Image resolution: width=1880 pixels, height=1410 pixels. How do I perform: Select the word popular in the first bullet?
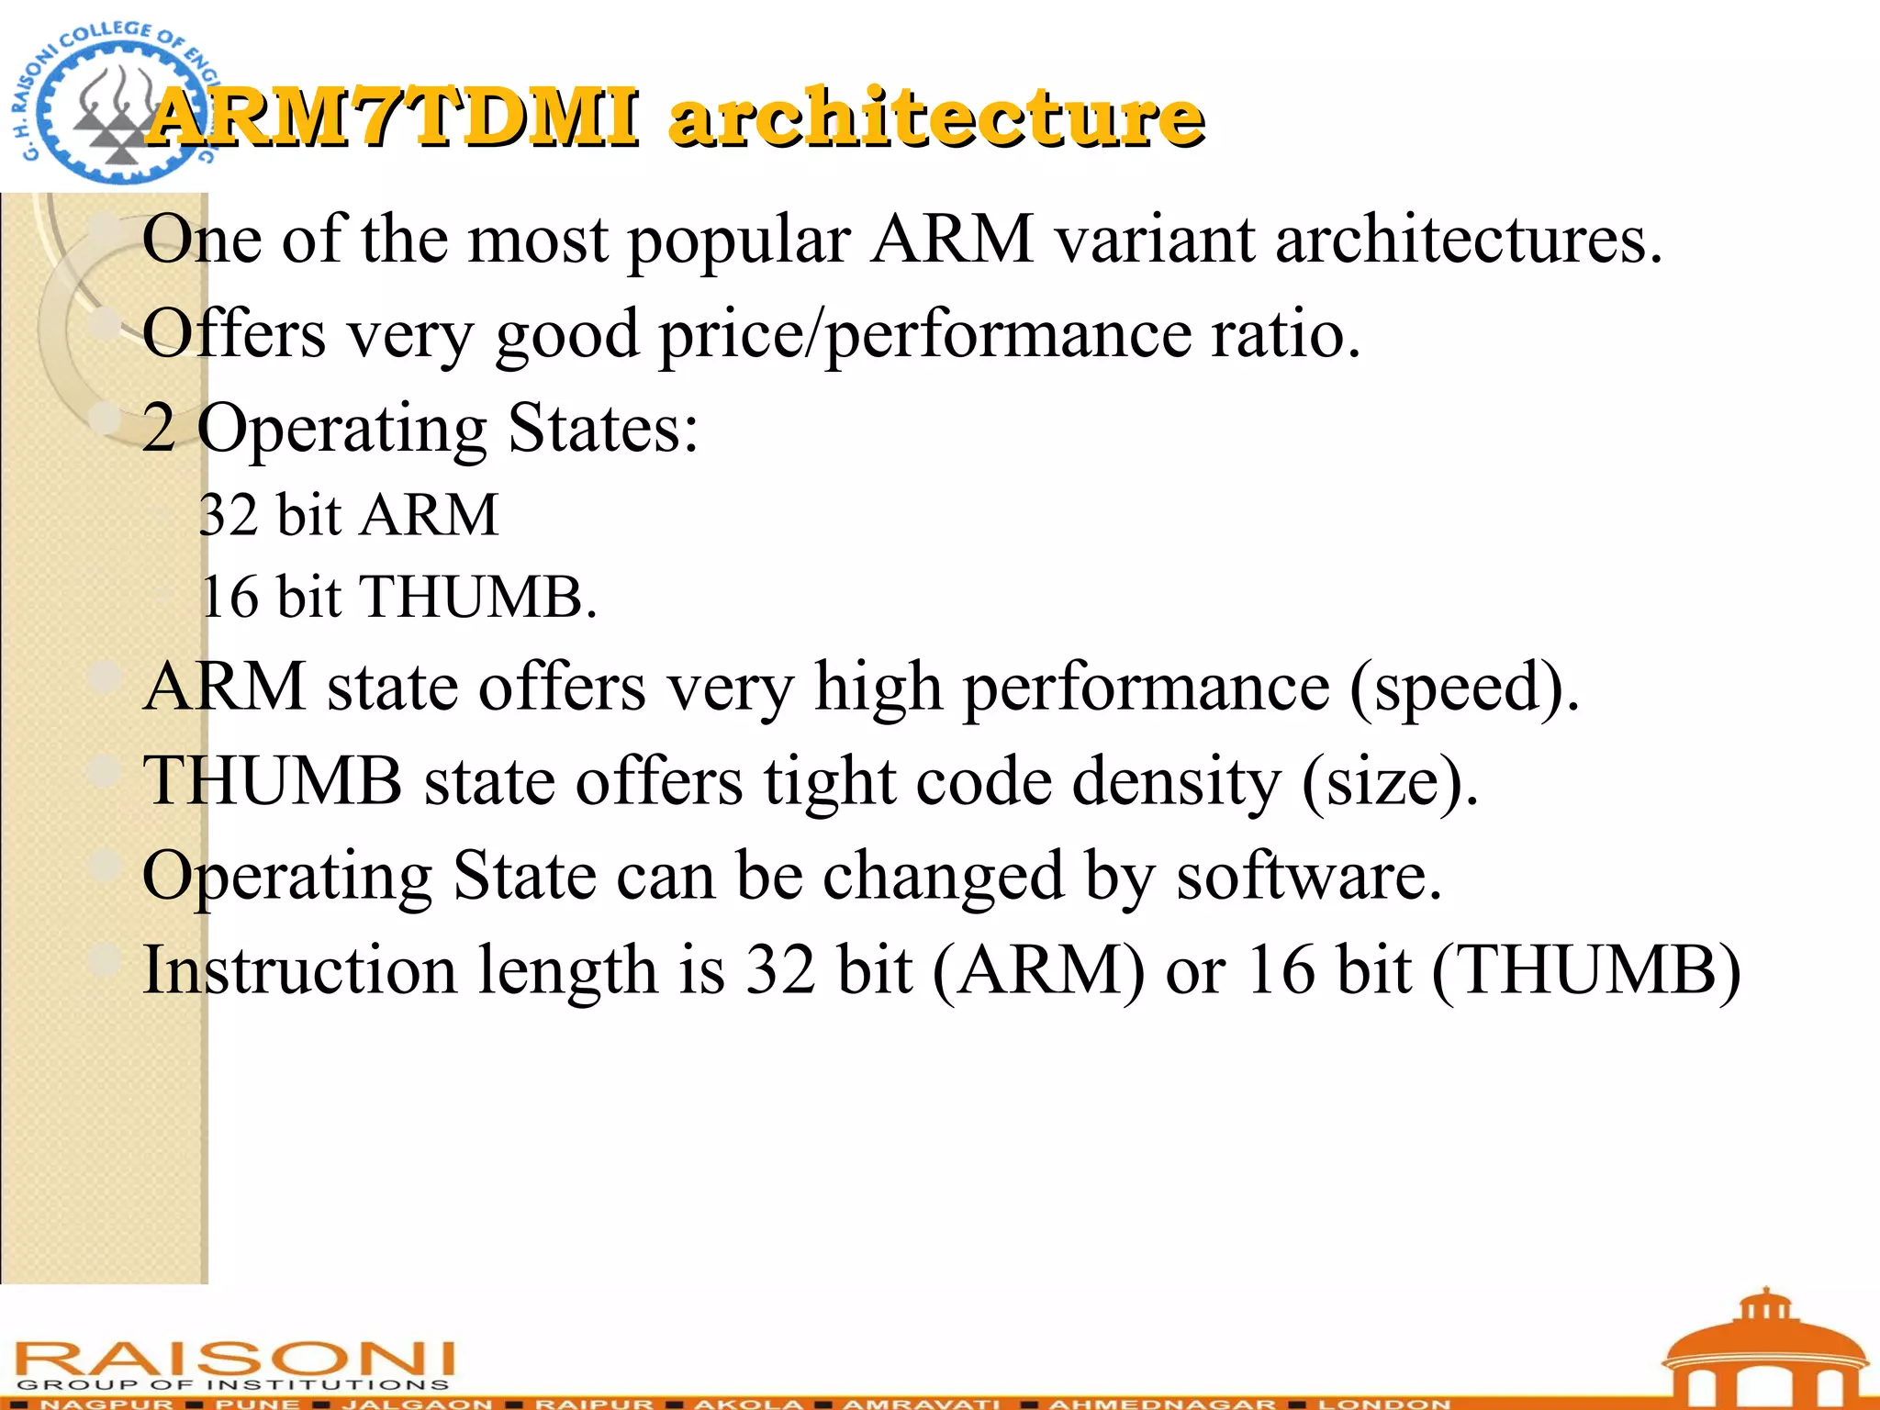tap(738, 241)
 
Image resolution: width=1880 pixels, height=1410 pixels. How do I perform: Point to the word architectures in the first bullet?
tap(1469, 241)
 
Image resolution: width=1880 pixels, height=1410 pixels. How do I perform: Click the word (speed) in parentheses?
tap(1463, 688)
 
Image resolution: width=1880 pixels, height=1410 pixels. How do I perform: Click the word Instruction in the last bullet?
tap(299, 970)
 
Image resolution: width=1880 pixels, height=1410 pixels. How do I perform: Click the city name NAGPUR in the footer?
tap(106, 1404)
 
